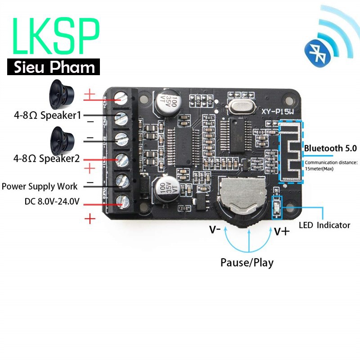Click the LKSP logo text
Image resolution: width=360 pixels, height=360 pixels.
(56, 37)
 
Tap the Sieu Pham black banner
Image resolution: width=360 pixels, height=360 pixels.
(53, 67)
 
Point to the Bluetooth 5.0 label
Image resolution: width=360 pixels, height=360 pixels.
(330, 148)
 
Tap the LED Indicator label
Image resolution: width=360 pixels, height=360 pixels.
(324, 225)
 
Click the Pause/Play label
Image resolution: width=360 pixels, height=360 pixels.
(247, 262)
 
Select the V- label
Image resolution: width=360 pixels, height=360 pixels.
(215, 229)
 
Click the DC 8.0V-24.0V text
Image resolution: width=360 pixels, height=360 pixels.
(52, 201)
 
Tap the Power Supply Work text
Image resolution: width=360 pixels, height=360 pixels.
(40, 186)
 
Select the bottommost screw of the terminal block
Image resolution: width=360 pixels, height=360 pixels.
(120, 200)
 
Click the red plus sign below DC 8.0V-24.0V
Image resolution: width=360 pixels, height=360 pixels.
(90, 219)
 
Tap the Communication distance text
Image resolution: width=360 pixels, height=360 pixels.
(331, 165)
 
